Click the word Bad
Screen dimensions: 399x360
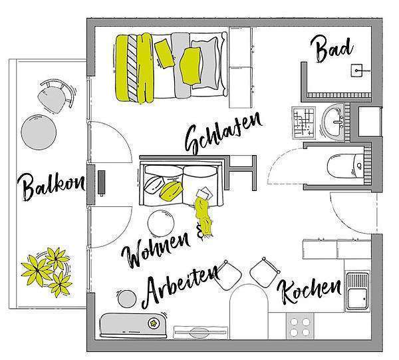[x=332, y=49]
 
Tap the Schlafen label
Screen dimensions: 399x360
[x=223, y=133]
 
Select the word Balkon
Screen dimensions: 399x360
[x=51, y=186]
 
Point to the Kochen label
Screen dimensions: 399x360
[x=309, y=291]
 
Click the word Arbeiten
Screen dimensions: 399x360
[x=180, y=286]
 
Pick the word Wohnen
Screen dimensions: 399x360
[x=156, y=249]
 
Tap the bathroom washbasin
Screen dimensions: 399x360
[x=333, y=122]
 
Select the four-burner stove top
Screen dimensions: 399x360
[x=300, y=326]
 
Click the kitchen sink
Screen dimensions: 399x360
[x=358, y=291]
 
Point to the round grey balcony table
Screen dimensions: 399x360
[x=39, y=132]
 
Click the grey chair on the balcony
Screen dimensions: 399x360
[x=55, y=96]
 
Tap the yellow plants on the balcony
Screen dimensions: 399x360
[x=47, y=271]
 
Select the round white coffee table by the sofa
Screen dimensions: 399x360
[x=161, y=223]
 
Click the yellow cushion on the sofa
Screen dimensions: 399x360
[x=171, y=190]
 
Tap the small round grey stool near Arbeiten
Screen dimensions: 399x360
[x=127, y=299]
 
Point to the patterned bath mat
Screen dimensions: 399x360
[x=304, y=122]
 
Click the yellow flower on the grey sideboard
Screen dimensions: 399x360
[x=154, y=323]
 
